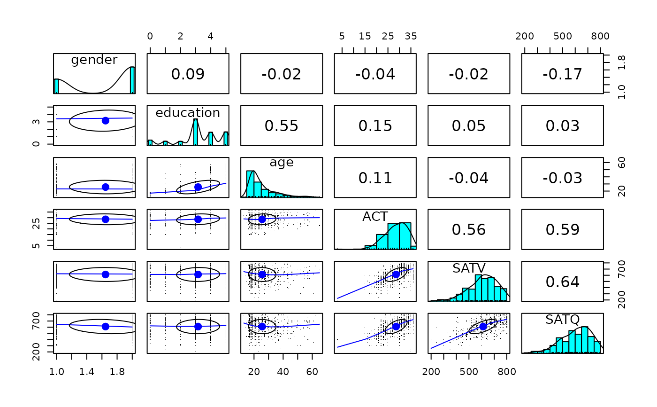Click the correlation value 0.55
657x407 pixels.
282,126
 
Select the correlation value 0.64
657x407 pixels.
562,282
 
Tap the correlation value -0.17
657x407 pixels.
562,74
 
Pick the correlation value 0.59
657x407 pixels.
562,230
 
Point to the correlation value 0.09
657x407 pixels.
188,74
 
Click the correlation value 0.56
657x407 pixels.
468,230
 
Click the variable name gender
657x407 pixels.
94,60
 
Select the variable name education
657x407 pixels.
188,113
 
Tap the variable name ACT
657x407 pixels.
375,217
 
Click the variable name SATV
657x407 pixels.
468,268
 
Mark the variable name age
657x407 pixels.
282,163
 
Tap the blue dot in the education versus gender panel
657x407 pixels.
105,121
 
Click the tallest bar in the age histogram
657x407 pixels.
250,184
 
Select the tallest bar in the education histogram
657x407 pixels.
195,132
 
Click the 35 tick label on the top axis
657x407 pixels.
411,37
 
